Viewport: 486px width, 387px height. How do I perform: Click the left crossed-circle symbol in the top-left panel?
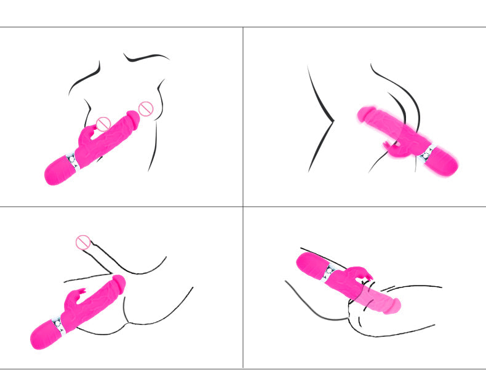click(103, 123)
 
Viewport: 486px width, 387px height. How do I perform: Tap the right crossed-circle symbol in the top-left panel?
click(145, 110)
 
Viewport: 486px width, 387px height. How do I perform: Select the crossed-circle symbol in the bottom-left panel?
click(83, 242)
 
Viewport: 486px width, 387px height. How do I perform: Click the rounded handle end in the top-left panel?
click(57, 171)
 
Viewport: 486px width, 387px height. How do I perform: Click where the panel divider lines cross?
click(243, 207)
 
